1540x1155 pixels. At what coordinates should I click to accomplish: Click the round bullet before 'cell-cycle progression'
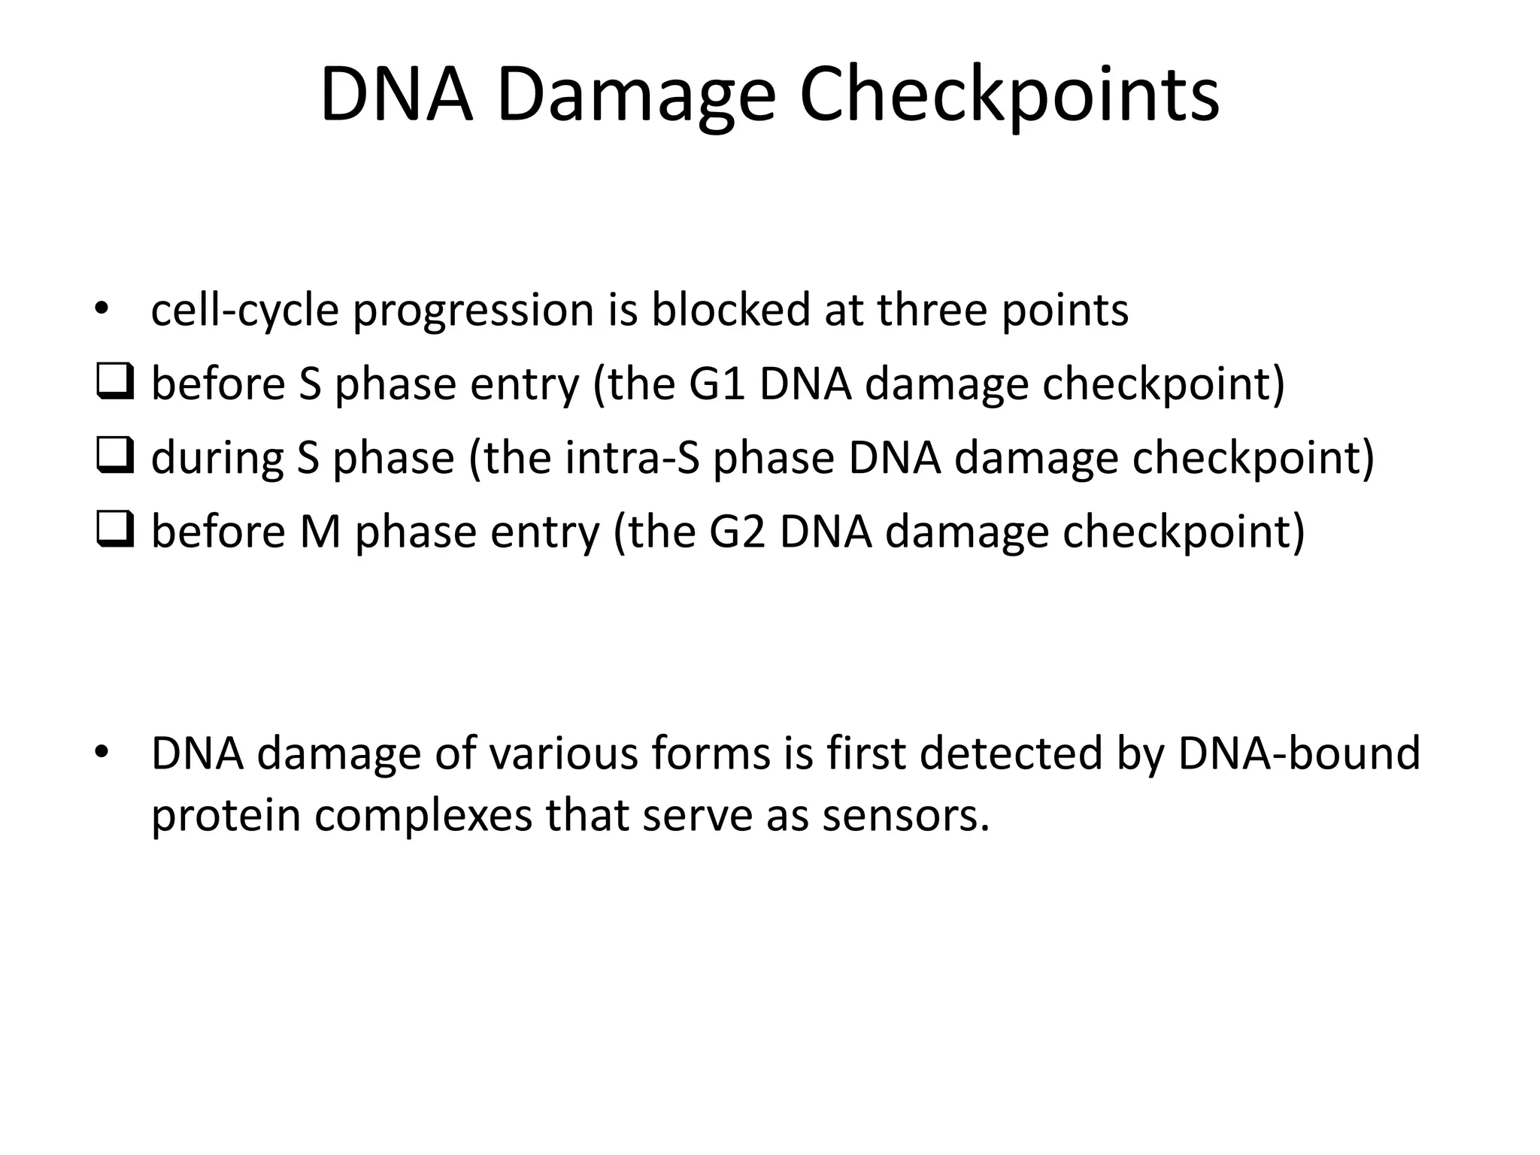102,310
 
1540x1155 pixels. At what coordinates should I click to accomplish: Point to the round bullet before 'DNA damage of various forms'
102,752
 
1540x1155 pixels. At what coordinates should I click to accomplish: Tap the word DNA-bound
1299,753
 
